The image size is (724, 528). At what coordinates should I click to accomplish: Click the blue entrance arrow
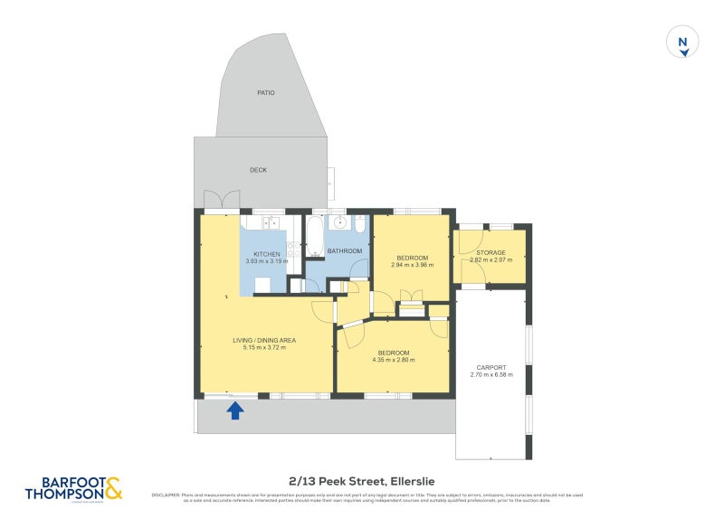pyautogui.click(x=234, y=410)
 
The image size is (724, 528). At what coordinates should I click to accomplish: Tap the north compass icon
pyautogui.click(x=683, y=42)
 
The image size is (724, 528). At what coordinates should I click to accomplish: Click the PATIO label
pyautogui.click(x=265, y=93)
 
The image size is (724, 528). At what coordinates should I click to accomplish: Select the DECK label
pyautogui.click(x=258, y=170)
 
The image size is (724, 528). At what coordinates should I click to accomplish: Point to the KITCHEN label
pyautogui.click(x=267, y=254)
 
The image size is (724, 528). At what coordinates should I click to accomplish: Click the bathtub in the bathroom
pyautogui.click(x=314, y=235)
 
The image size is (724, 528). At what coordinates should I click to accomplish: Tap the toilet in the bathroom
pyautogui.click(x=359, y=224)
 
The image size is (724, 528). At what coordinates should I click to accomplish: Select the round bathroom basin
pyautogui.click(x=340, y=222)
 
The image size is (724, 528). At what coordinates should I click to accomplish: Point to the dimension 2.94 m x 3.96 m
pyautogui.click(x=412, y=265)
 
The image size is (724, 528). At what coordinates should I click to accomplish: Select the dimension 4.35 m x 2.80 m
pyautogui.click(x=393, y=360)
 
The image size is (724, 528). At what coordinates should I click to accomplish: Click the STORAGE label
pyautogui.click(x=491, y=252)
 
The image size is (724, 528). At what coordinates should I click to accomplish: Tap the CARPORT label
pyautogui.click(x=492, y=367)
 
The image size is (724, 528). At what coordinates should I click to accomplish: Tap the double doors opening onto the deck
pyautogui.click(x=222, y=200)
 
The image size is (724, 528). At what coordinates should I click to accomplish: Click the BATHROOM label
pyautogui.click(x=345, y=250)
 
